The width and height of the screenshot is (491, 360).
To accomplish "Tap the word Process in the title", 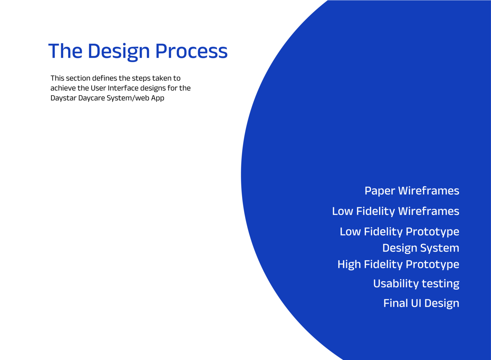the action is pyautogui.click(x=191, y=51).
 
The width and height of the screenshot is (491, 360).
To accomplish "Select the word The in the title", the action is pyautogui.click(x=65, y=51).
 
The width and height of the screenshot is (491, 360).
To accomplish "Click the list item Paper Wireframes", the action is pyautogui.click(x=412, y=191).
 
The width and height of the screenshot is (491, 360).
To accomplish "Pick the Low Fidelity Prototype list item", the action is pyautogui.click(x=399, y=232).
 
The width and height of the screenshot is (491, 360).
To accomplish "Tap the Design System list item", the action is pyautogui.click(x=421, y=248).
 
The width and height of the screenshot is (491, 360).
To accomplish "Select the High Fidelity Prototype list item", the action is pyautogui.click(x=398, y=265).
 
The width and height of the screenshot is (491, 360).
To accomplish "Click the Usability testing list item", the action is pyautogui.click(x=416, y=284).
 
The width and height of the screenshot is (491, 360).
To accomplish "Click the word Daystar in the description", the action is pyautogui.click(x=63, y=98).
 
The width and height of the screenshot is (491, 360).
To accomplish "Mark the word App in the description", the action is pyautogui.click(x=157, y=98).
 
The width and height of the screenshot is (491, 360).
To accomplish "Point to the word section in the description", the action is pyautogui.click(x=78, y=78).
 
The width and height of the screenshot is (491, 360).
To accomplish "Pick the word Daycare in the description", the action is pyautogui.click(x=92, y=98).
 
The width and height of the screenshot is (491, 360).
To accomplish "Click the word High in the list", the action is pyautogui.click(x=349, y=265).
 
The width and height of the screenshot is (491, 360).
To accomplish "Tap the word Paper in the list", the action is pyautogui.click(x=380, y=191).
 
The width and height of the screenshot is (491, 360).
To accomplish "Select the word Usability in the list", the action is pyautogui.click(x=396, y=284).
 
